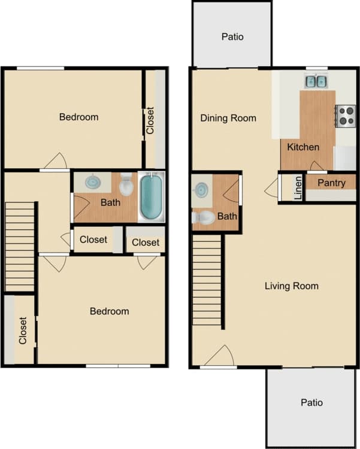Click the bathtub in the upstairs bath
tap(152, 196)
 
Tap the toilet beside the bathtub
tap(126, 185)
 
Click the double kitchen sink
tap(316, 81)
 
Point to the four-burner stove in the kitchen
tap(345, 115)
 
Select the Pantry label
tap(331, 183)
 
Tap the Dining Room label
tap(228, 118)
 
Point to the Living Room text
tap(291, 286)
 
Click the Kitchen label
tap(302, 147)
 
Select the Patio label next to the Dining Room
tap(232, 37)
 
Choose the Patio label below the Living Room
tap(311, 402)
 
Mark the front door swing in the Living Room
tap(219, 356)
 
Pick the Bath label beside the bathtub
tap(110, 202)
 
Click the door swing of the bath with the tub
tap(79, 207)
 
